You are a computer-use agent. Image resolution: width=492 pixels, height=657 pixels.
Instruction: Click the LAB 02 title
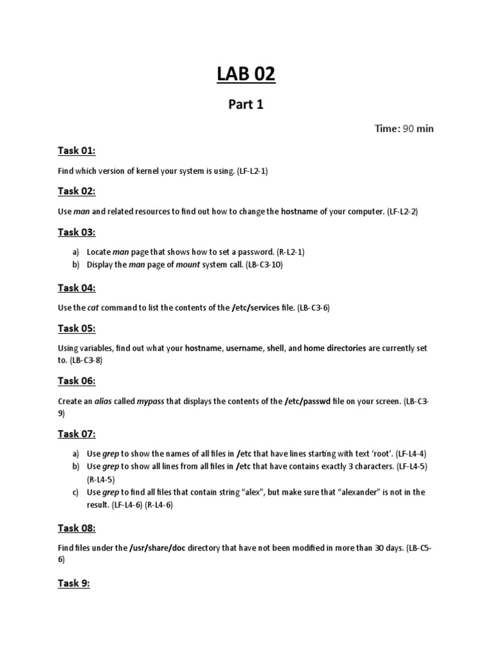pos(245,74)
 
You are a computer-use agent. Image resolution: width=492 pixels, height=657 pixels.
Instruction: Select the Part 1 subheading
pos(245,105)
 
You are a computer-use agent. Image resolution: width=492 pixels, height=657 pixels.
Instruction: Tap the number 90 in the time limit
pos(407,129)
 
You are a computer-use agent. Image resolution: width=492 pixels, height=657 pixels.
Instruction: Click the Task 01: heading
pos(76,151)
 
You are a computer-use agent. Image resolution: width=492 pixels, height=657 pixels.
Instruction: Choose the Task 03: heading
pos(76,232)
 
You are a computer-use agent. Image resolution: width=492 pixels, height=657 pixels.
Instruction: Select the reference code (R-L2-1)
pos(277,252)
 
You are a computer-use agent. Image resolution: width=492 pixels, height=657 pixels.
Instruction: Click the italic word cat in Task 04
pos(93,308)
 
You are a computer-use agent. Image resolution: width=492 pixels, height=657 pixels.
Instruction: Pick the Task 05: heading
pos(76,328)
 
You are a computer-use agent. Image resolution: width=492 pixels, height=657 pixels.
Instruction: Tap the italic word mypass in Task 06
pos(151,401)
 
